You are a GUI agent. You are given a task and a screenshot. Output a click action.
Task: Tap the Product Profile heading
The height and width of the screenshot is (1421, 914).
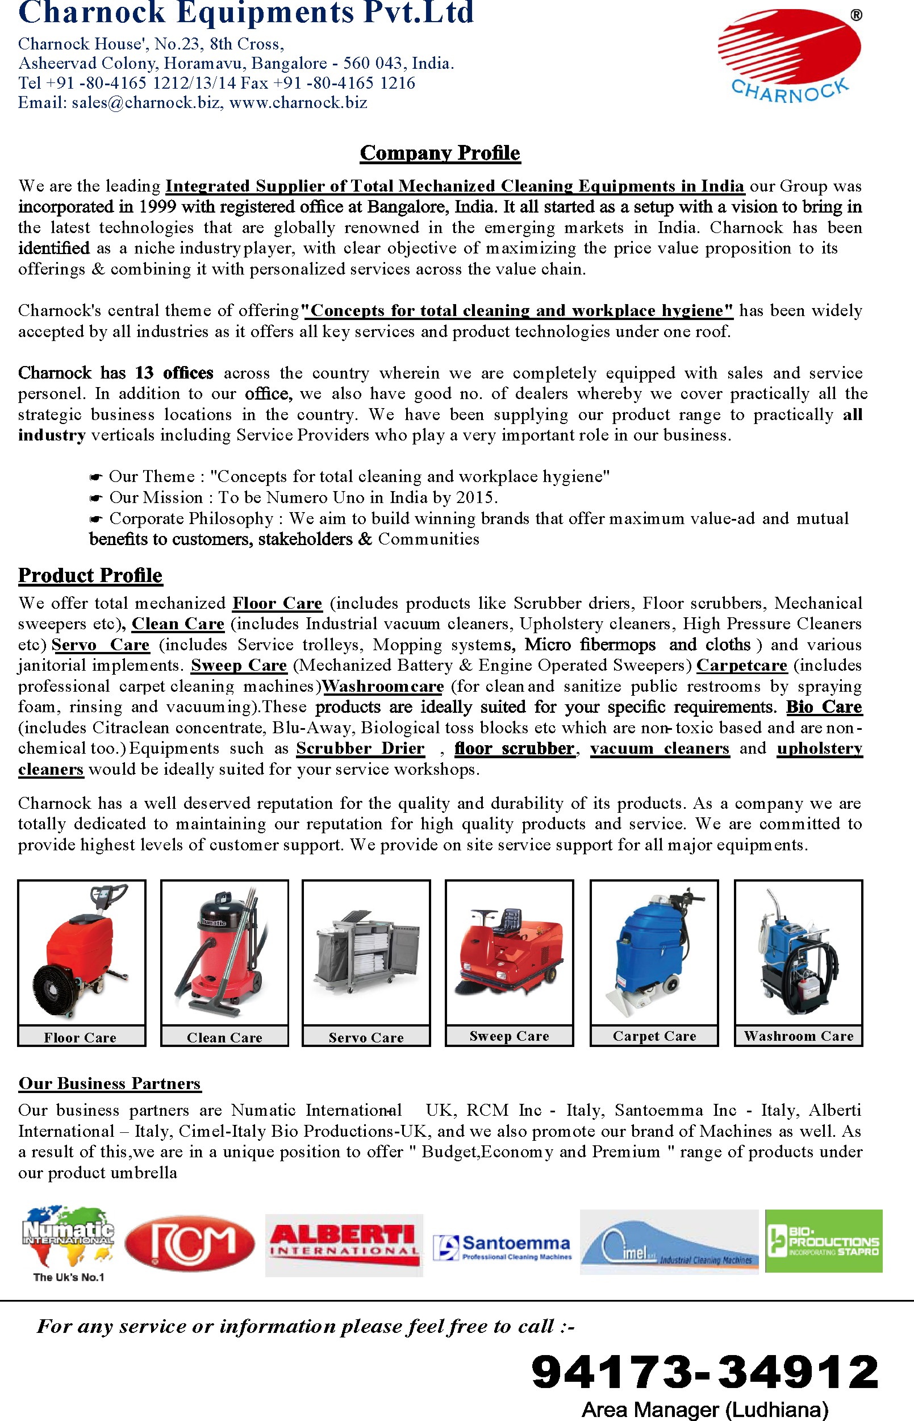(x=90, y=575)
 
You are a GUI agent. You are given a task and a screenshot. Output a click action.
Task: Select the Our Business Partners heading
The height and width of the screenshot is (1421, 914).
(x=110, y=1083)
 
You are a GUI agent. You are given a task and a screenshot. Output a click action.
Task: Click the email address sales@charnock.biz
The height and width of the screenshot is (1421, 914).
(x=146, y=103)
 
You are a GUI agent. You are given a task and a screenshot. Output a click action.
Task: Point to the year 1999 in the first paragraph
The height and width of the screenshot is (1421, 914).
(x=157, y=207)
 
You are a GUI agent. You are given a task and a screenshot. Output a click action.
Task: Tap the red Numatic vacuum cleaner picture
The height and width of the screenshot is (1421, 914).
(x=224, y=953)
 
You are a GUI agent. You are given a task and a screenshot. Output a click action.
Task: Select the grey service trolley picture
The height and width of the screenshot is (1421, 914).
(x=366, y=953)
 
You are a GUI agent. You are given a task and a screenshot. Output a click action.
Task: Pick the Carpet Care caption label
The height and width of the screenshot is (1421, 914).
(x=654, y=1036)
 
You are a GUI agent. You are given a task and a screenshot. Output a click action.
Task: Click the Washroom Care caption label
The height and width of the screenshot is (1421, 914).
(x=798, y=1036)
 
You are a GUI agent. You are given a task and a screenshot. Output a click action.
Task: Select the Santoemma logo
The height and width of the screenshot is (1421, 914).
(x=502, y=1246)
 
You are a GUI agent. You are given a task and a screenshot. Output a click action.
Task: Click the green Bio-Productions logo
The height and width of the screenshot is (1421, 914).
(x=824, y=1241)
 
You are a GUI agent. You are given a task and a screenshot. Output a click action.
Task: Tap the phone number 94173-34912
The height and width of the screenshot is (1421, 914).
(x=704, y=1371)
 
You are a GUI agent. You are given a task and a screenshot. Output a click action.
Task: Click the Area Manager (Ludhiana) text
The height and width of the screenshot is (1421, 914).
(x=704, y=1409)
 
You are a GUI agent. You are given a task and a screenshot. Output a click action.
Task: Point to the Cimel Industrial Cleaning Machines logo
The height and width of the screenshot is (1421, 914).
(x=669, y=1243)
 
